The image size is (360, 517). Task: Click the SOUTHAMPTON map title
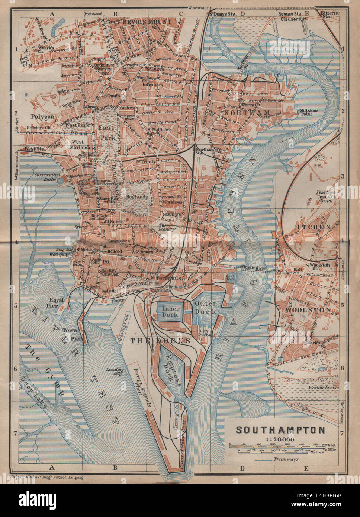pyautogui.click(x=281, y=430)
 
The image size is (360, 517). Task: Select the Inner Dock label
pyautogui.click(x=171, y=312)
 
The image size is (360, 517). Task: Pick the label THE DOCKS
pyautogui.click(x=160, y=340)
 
